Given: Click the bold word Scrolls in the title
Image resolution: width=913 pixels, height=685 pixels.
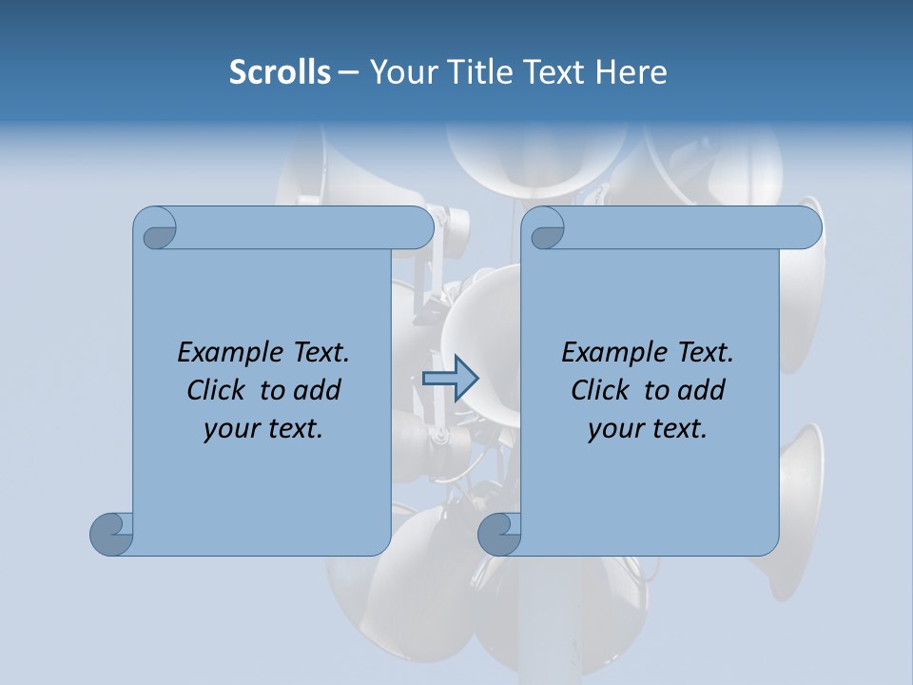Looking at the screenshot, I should (281, 71).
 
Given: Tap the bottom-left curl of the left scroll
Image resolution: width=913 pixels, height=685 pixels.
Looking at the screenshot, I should (111, 534).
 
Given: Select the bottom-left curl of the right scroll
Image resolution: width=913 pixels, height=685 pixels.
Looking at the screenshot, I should (499, 534).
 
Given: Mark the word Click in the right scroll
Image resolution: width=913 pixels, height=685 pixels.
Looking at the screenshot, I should (599, 390).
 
